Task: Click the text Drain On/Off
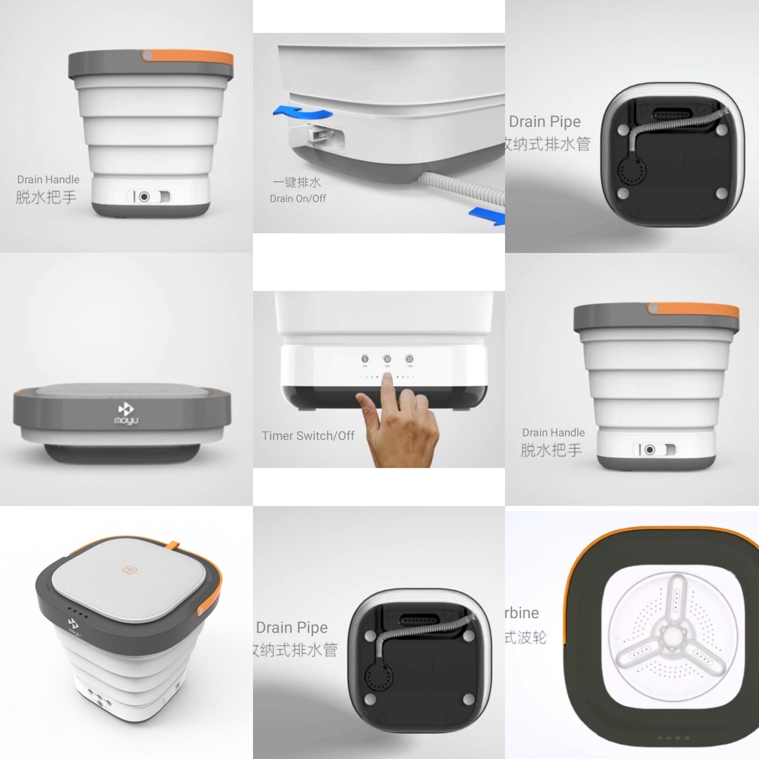pos(298,199)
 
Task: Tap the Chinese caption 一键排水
pos(297,182)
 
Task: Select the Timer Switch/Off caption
pos(308,436)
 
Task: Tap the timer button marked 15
pos(409,359)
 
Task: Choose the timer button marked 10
pos(387,359)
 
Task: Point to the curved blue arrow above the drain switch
pos(303,112)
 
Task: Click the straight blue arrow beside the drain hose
pos(487,216)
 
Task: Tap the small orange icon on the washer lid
pos(128,570)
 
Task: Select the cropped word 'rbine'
pos(522,613)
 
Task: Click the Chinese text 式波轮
pos(526,637)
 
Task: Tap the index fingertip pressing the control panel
pos(387,378)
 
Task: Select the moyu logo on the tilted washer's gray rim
pos(74,627)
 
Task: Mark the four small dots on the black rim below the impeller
pos(673,738)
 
